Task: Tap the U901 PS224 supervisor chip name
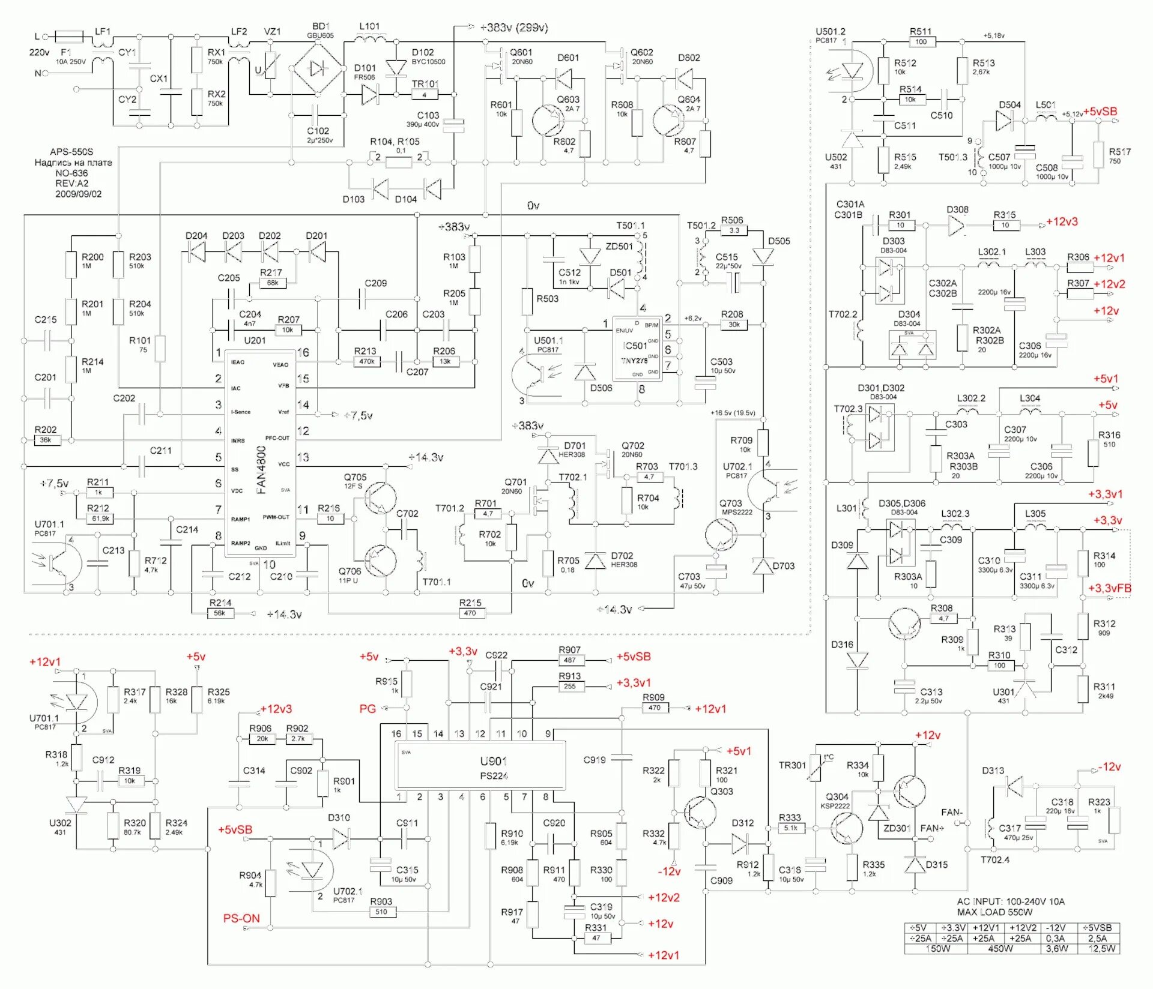click(x=494, y=768)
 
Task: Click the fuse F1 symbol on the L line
click(x=69, y=37)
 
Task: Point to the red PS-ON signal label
click(x=241, y=918)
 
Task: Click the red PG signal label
click(x=368, y=709)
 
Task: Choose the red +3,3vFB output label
click(x=1109, y=588)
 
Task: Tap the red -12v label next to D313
click(x=1109, y=766)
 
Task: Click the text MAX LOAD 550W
click(x=994, y=912)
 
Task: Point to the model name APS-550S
click(x=71, y=152)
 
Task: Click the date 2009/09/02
click(x=78, y=194)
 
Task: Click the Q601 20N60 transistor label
click(x=521, y=56)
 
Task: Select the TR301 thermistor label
click(x=792, y=765)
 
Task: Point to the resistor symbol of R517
click(x=1098, y=155)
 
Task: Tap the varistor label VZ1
click(x=272, y=32)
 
